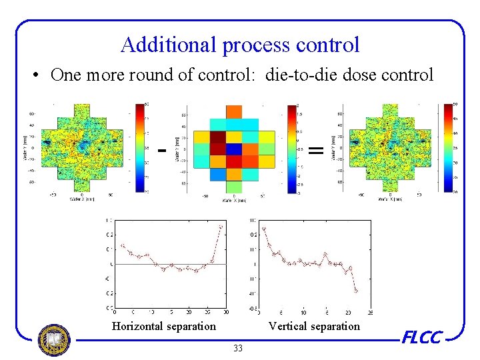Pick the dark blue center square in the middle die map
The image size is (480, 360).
click(233, 149)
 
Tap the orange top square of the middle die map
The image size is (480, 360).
click(233, 112)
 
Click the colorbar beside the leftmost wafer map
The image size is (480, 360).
click(139, 148)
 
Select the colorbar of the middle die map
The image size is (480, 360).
click(291, 149)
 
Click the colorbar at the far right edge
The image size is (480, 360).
click(446, 148)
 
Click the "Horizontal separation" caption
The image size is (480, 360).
click(164, 326)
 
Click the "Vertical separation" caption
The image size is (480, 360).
click(313, 326)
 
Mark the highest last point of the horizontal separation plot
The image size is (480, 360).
click(221, 227)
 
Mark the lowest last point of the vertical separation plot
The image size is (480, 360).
click(357, 291)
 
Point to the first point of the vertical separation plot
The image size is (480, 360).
click(264, 229)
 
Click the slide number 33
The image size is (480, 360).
click(238, 348)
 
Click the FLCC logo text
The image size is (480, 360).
click(421, 338)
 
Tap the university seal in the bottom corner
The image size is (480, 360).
click(54, 339)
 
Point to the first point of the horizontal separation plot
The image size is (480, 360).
click(122, 246)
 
